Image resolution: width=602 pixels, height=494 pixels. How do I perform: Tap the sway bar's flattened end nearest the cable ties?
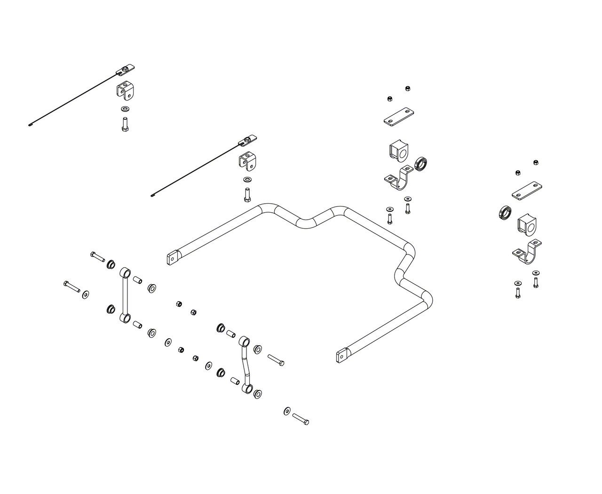pos(172,257)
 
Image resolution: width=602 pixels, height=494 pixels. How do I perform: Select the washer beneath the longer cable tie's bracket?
pos(125,110)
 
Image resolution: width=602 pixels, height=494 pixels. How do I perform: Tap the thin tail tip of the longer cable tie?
pos(30,126)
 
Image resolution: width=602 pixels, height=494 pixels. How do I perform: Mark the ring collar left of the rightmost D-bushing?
pos(504,213)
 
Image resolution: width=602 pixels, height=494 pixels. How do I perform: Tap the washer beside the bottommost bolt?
pos(287,411)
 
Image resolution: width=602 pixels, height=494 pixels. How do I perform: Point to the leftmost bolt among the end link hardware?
pos(71,287)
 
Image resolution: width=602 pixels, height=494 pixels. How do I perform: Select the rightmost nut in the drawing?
pos(535,163)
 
